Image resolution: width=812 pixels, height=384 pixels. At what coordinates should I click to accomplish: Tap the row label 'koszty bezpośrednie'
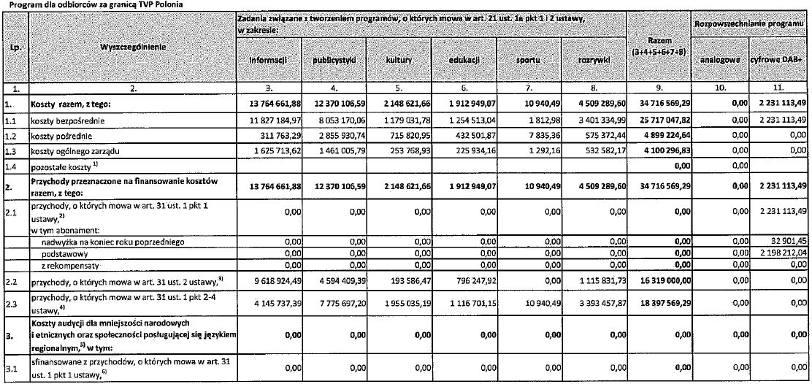pyautogui.click(x=63, y=120)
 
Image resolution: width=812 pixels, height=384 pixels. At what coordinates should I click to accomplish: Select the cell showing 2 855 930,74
pyautogui.click(x=337, y=135)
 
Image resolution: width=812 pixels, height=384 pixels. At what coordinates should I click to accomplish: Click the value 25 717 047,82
pyautogui.click(x=654, y=120)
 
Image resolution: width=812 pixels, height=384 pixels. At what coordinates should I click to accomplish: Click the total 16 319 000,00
pyautogui.click(x=654, y=280)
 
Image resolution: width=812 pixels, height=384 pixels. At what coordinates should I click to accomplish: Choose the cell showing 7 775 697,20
pyautogui.click(x=337, y=300)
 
